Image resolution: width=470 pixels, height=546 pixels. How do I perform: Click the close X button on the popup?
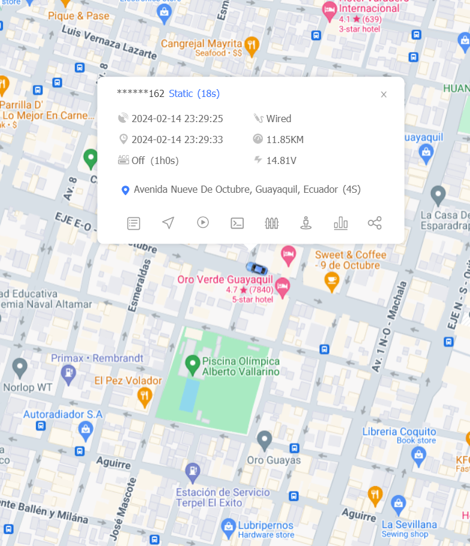tap(384, 95)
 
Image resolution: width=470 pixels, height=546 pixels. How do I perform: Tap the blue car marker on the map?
tap(255, 268)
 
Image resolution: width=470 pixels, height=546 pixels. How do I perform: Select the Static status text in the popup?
tap(181, 93)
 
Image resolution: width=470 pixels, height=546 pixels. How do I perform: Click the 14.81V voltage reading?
tap(281, 160)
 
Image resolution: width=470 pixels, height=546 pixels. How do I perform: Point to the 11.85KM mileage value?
tap(284, 139)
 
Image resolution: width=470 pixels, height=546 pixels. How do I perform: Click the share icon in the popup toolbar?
tap(375, 223)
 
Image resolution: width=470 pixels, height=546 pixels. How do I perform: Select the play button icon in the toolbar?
tap(203, 223)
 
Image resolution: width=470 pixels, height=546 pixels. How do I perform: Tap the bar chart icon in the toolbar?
tap(341, 223)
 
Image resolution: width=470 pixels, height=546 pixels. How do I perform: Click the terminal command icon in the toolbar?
tap(237, 223)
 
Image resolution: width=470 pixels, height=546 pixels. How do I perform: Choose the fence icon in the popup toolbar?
tap(272, 223)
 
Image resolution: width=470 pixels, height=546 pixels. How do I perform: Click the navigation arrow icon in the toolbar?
tap(168, 223)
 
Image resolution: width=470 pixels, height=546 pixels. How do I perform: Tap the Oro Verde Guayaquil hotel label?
tap(225, 280)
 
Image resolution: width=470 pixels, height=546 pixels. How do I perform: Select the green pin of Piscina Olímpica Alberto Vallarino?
tap(192, 363)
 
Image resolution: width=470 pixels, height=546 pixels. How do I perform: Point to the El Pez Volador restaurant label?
tap(128, 380)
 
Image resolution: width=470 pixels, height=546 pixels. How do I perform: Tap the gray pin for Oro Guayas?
tap(265, 441)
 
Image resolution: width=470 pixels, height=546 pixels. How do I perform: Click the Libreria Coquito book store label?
tap(399, 432)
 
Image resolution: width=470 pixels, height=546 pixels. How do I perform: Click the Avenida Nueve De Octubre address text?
tap(247, 190)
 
